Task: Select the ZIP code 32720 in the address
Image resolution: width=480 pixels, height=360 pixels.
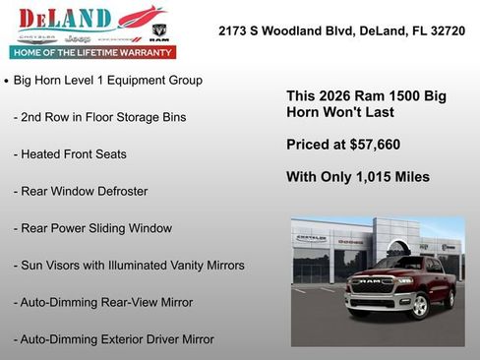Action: [445, 31]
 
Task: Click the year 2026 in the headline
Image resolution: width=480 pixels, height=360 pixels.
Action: [336, 96]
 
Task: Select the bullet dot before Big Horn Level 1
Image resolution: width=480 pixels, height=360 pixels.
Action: [7, 80]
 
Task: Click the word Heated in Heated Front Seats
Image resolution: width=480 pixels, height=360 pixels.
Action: [44, 154]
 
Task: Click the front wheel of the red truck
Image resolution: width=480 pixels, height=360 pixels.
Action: [418, 306]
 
